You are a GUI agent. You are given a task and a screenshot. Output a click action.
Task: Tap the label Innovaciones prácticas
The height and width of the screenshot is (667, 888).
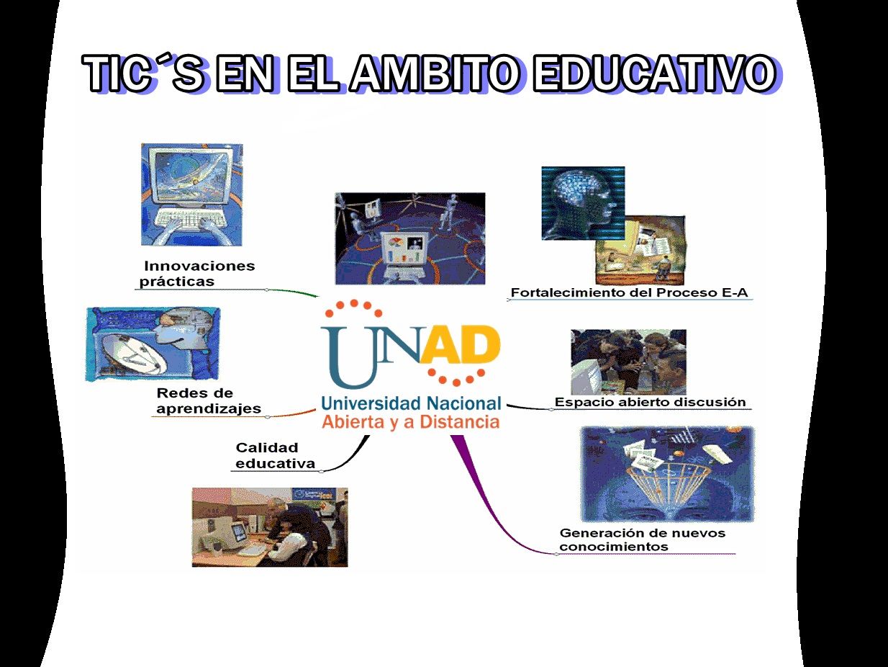click(x=197, y=274)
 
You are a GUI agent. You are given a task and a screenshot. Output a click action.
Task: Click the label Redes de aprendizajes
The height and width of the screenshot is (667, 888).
click(x=209, y=400)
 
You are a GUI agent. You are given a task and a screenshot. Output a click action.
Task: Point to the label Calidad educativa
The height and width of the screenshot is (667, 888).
click(x=275, y=456)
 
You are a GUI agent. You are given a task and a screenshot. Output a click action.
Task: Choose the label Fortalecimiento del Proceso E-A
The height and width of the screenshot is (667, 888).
click(x=629, y=292)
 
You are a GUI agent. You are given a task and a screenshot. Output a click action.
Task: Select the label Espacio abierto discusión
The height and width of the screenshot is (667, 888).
click(x=650, y=402)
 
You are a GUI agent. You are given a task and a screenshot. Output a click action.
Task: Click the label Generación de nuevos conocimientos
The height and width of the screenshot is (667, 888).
click(x=643, y=540)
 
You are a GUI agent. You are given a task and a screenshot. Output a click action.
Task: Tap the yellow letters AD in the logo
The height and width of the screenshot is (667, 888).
click(x=460, y=344)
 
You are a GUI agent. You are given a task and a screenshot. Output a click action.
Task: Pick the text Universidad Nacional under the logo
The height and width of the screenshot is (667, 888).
click(x=411, y=403)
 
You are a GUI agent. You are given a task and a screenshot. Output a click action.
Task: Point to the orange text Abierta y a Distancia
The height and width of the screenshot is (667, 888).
click(x=411, y=422)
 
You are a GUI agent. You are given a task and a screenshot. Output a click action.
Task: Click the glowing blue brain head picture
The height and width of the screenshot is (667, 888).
click(x=583, y=203)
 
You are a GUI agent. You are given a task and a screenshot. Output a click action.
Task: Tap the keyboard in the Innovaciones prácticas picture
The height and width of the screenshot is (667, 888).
click(x=191, y=219)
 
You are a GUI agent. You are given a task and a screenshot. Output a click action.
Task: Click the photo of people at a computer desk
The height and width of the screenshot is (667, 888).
click(x=270, y=527)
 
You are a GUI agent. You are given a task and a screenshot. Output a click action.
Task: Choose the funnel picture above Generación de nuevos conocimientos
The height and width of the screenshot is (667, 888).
click(x=668, y=474)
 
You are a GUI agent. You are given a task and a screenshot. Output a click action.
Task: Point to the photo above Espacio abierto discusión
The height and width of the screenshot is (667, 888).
click(x=628, y=362)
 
